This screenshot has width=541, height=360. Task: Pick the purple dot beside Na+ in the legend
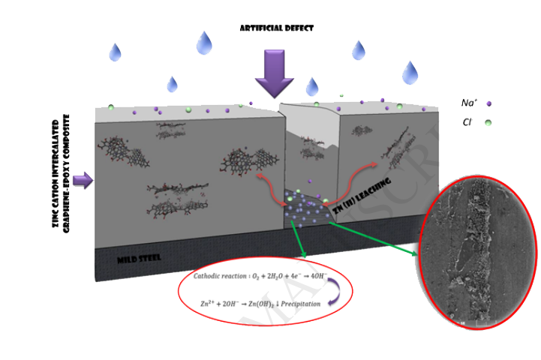488,103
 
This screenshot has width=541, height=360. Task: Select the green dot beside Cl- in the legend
488,121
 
